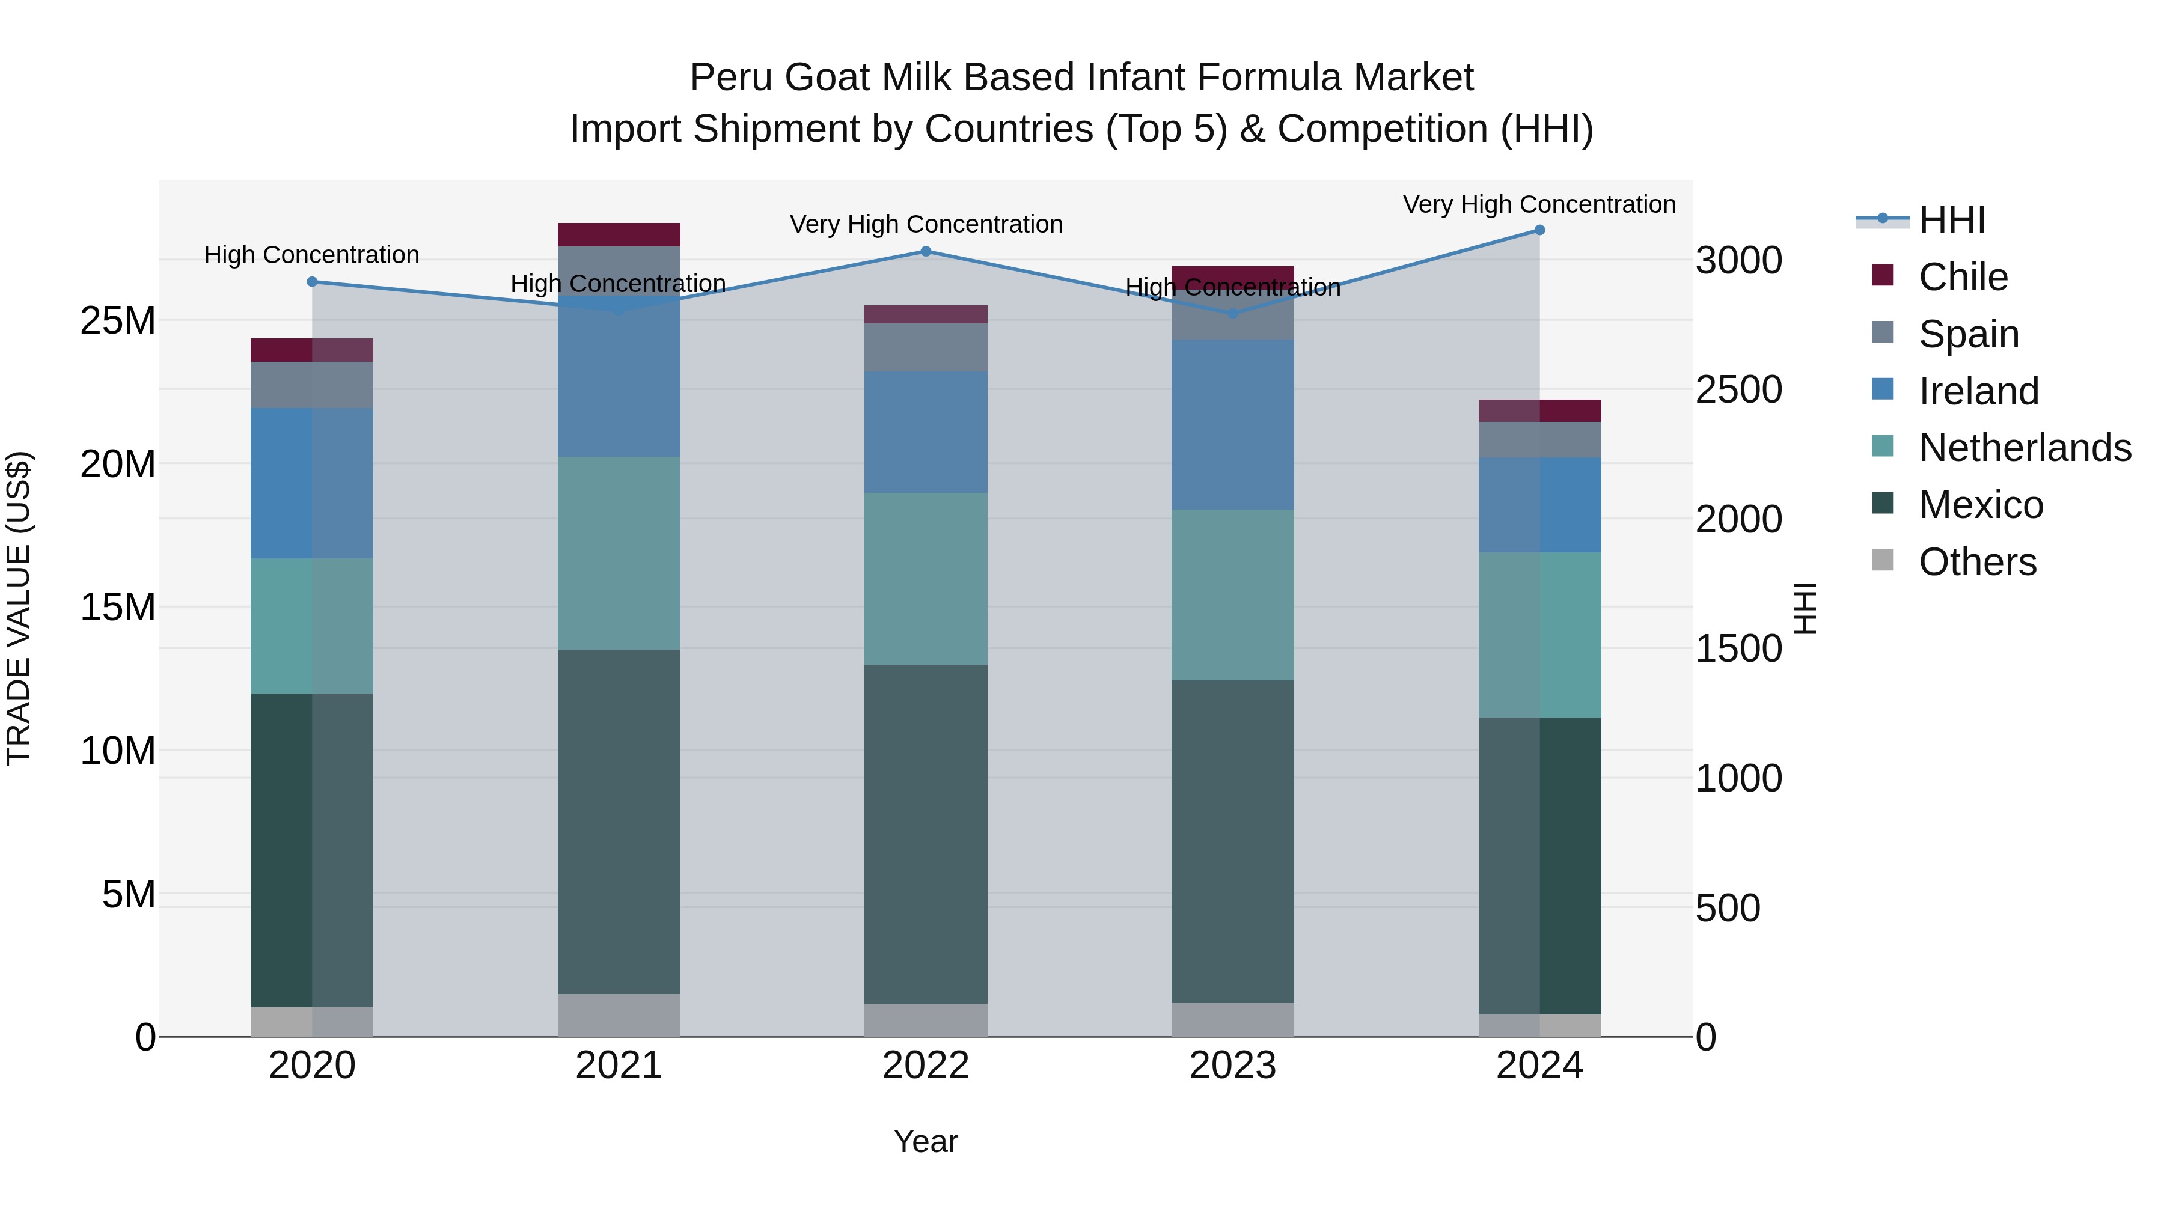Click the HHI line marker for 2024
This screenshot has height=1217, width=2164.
(1539, 230)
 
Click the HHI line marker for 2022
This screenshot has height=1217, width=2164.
(926, 251)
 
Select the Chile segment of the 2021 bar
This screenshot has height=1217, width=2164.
(619, 234)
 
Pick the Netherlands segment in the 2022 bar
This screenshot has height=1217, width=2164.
(926, 579)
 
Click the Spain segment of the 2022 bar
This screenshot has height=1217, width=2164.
(926, 348)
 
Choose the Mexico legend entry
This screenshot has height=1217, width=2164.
(1980, 505)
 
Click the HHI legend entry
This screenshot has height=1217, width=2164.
(1951, 220)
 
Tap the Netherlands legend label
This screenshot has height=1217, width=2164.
(2025, 448)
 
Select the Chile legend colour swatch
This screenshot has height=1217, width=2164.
(1883, 275)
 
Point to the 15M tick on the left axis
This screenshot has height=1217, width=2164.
(118, 607)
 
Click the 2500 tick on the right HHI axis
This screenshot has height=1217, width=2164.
(1738, 389)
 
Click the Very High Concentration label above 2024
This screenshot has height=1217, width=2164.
(1539, 204)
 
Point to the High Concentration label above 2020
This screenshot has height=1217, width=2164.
(311, 254)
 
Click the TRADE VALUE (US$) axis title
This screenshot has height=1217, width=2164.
(19, 608)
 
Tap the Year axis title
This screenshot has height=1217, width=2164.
(926, 1141)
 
